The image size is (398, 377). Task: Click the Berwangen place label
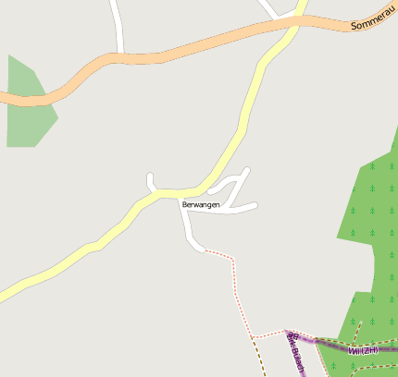point(201,204)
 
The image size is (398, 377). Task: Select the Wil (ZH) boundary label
point(364,350)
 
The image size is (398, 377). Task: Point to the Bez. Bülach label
point(295,352)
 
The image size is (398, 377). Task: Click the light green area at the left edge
point(26,106)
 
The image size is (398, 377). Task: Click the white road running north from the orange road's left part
point(118,28)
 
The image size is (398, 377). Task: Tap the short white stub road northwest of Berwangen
point(150,182)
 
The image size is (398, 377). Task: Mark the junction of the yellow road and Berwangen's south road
point(178,194)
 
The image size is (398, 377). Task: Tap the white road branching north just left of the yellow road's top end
point(269,9)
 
